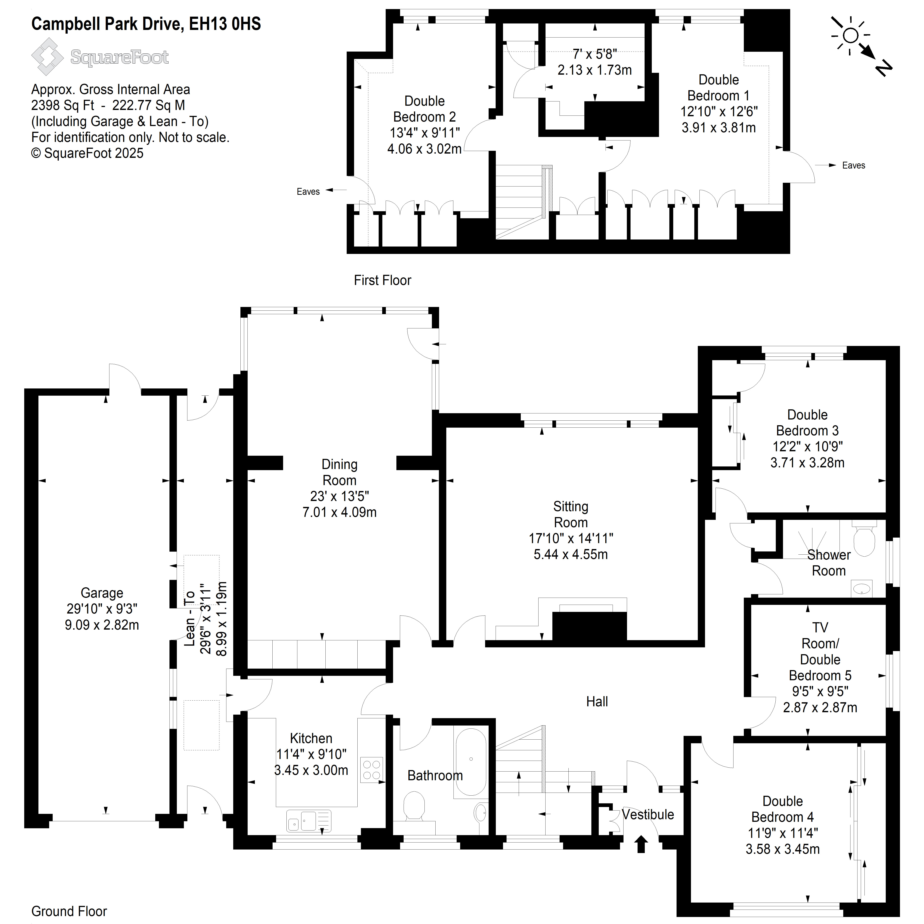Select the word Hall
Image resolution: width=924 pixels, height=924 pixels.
[597, 702]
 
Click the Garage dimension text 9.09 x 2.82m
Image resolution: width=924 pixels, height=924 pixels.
[102, 625]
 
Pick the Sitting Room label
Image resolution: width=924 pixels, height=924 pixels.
[570, 514]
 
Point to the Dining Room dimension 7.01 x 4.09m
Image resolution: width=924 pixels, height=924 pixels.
[339, 512]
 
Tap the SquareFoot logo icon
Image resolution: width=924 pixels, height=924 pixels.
[47, 56]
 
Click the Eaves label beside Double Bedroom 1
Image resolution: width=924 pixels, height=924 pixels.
[854, 165]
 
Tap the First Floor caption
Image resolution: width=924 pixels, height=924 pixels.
[383, 280]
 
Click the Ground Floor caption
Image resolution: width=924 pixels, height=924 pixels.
[69, 911]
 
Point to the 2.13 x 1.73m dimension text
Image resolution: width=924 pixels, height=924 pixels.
[595, 70]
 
